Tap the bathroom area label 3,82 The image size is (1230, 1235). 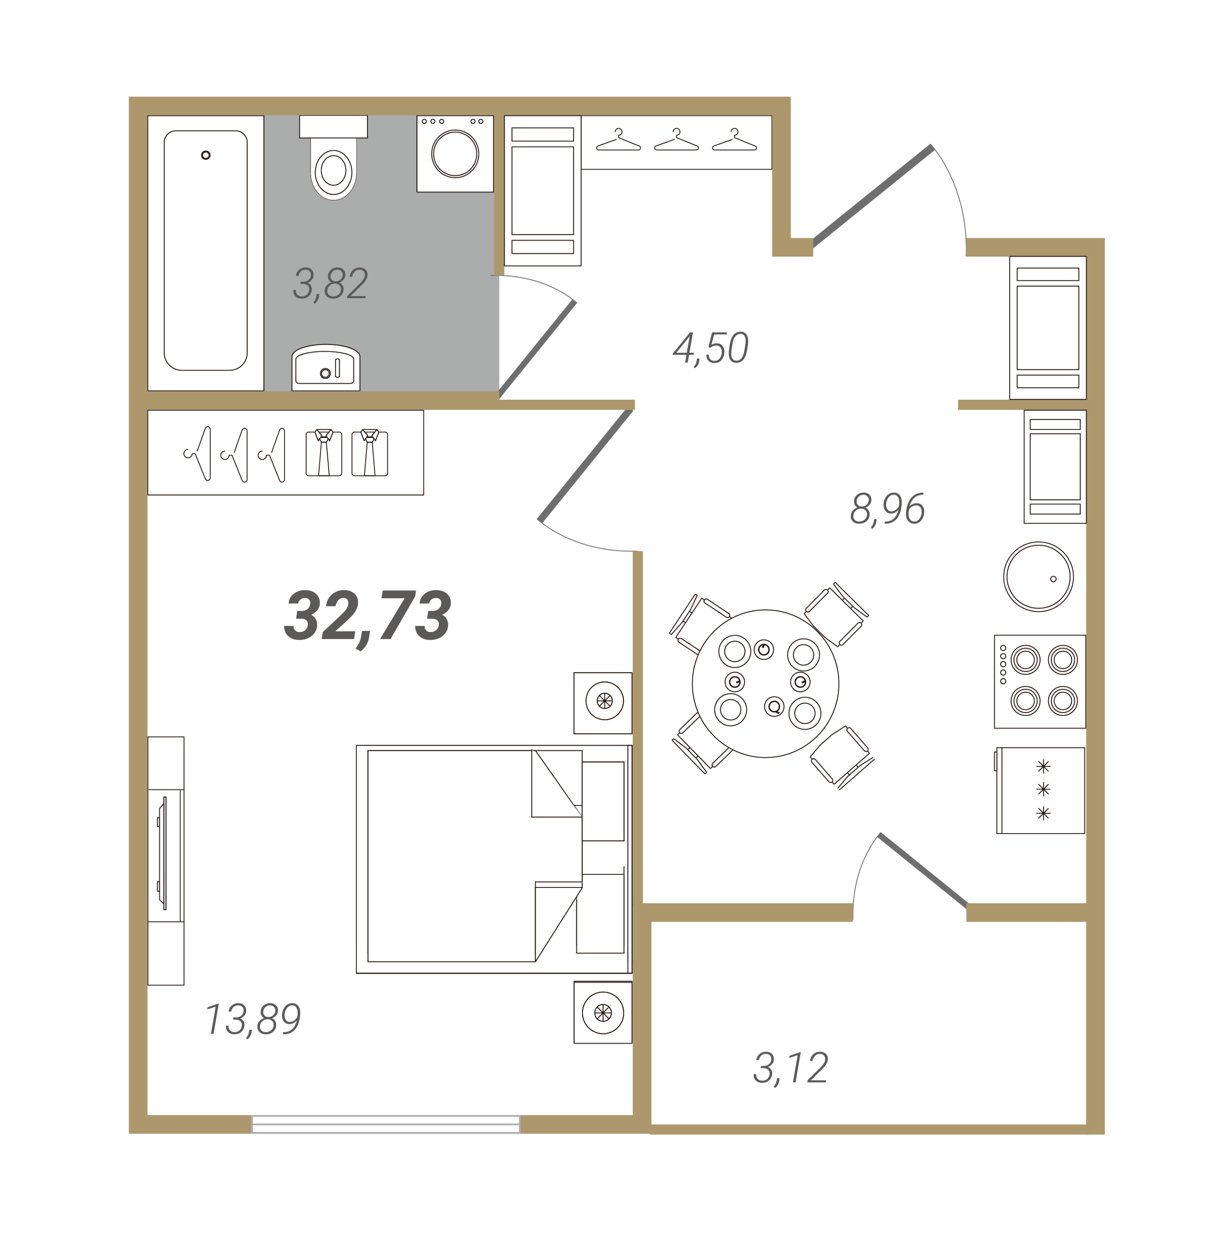(330, 284)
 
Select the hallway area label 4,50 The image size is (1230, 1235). (710, 348)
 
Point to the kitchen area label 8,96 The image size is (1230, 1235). (887, 509)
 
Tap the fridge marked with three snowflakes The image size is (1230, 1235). (1040, 790)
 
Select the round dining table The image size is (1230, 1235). (765, 683)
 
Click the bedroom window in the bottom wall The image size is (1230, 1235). (386, 1124)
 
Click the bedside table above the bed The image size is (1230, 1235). (602, 703)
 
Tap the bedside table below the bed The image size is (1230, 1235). (602, 1012)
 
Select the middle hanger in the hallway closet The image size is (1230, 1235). (676, 140)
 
